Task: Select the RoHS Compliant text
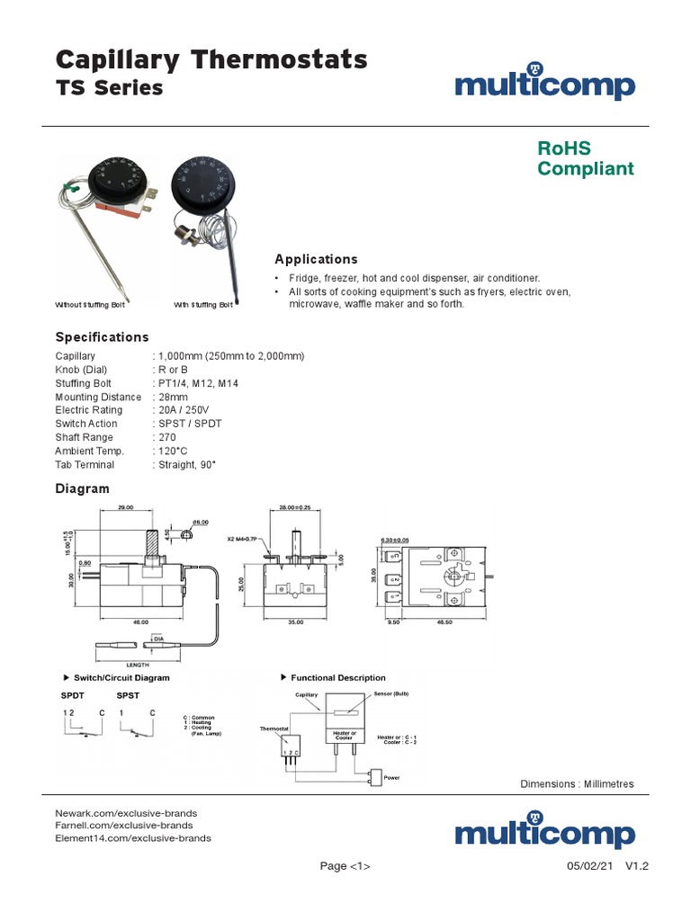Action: point(585,158)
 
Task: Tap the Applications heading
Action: point(316,259)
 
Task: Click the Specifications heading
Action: point(102,337)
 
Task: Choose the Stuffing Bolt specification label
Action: point(84,383)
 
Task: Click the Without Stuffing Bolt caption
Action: point(91,306)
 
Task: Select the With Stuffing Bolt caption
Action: point(202,306)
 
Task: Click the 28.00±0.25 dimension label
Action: point(295,508)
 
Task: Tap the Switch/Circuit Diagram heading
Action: point(121,677)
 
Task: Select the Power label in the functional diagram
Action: point(391,777)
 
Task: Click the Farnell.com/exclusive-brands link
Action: point(124,825)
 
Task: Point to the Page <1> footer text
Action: point(345,866)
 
